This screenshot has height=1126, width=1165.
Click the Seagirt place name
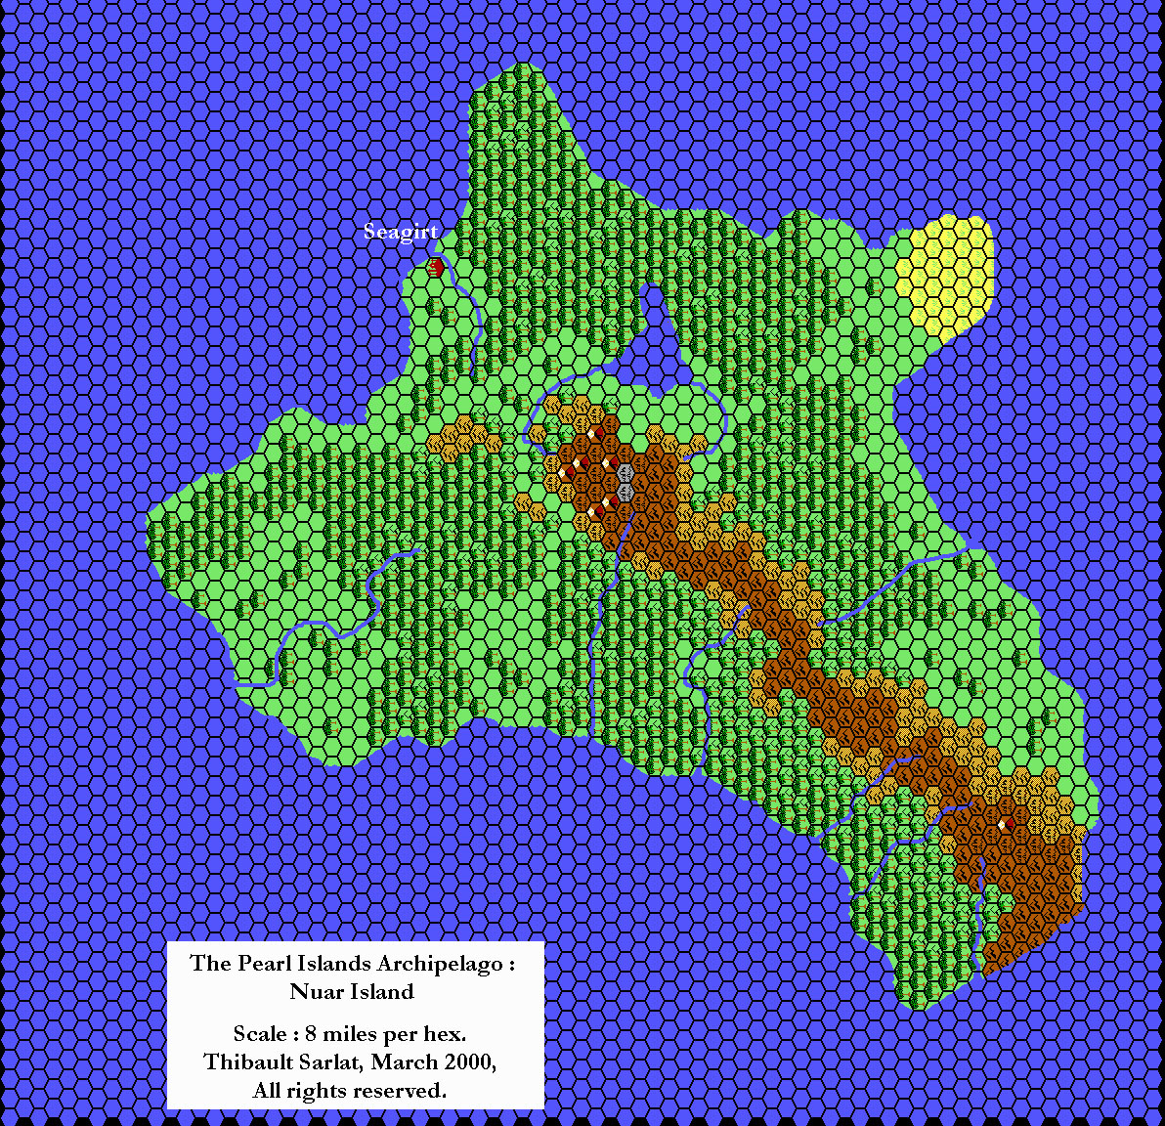coord(401,232)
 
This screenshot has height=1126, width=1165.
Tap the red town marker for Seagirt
coord(436,266)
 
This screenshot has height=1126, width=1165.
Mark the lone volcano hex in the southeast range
coord(1004,826)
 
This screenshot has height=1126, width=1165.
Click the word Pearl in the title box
coord(262,963)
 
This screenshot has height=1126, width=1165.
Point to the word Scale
coord(260,1033)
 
